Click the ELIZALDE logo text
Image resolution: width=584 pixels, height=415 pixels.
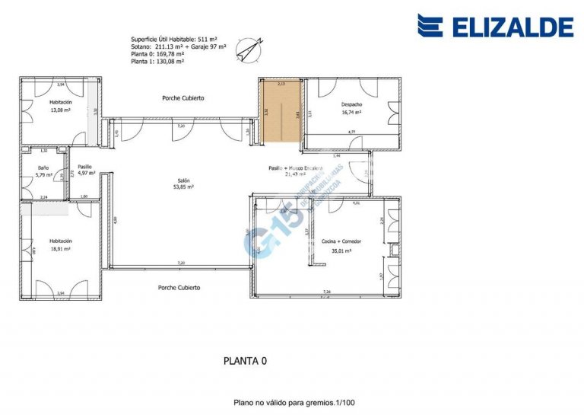pos(513,27)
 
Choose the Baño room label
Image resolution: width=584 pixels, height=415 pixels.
pos(43,168)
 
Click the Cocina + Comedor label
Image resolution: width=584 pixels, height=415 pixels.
pos(341,241)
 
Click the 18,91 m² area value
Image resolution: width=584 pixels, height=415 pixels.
pos(60,248)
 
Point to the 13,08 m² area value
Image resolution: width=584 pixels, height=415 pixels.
pos(60,110)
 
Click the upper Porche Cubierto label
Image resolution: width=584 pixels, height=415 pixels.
pos(183,98)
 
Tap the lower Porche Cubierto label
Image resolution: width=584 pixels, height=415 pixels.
pos(179,288)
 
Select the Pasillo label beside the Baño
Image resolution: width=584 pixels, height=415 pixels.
pos(84,166)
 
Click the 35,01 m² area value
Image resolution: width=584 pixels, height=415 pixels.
pos(341,250)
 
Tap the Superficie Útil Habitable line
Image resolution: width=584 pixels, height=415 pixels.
pos(174,39)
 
